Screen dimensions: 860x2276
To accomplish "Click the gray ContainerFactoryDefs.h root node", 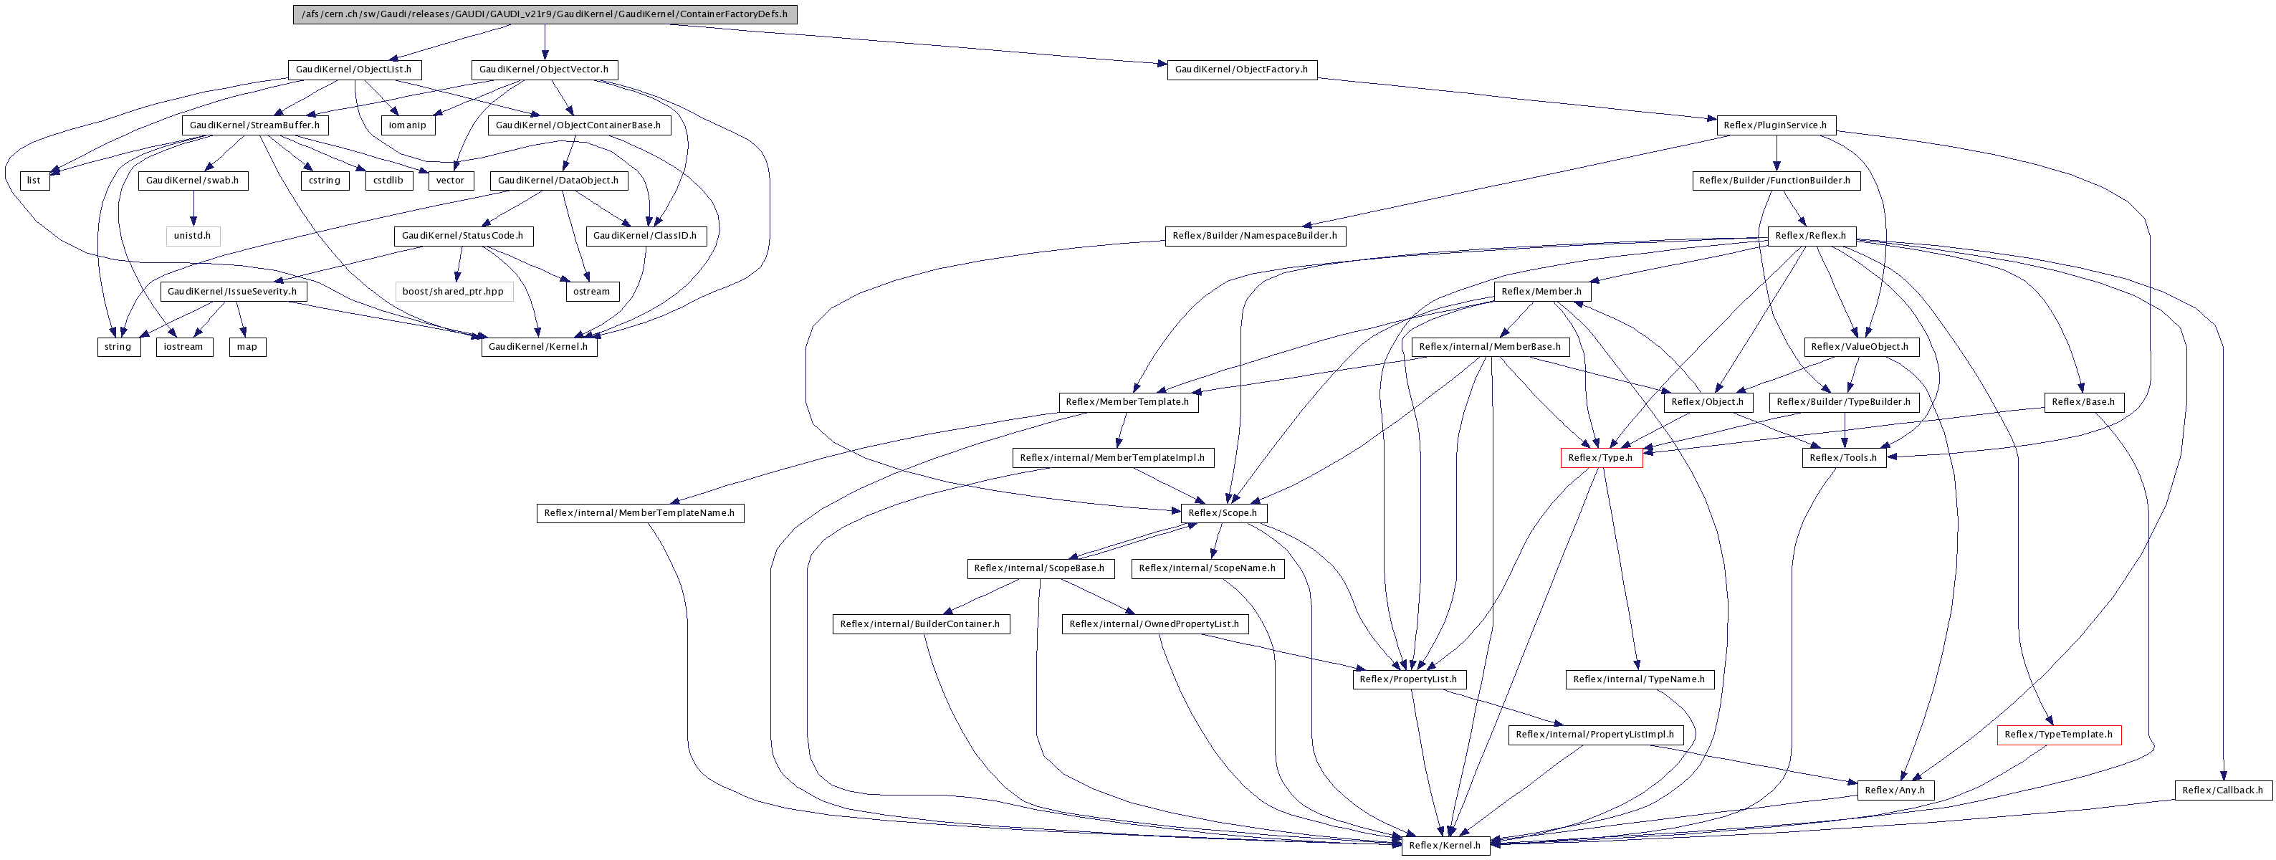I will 544,14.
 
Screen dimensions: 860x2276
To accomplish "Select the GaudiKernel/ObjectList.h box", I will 353,69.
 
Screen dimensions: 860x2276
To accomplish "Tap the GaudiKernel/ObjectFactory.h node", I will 1241,69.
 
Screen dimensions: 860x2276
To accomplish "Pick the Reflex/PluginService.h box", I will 1776,125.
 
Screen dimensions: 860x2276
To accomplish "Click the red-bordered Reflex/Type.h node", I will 1601,458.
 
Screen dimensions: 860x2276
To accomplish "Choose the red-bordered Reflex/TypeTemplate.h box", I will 2059,735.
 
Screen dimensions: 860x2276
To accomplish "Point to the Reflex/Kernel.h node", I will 1445,845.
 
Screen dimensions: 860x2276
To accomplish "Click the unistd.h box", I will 193,236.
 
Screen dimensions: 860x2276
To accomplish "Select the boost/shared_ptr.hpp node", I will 453,292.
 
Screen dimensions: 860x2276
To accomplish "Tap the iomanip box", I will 407,125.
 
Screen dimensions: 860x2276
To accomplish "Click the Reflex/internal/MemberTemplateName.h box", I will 640,512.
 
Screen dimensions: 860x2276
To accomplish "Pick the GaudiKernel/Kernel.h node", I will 538,346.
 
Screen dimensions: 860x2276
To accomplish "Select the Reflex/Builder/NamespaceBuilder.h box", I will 1255,236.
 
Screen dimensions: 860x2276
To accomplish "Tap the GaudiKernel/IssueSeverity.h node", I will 232,292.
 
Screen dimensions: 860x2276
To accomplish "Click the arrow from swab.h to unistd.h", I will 193,208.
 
